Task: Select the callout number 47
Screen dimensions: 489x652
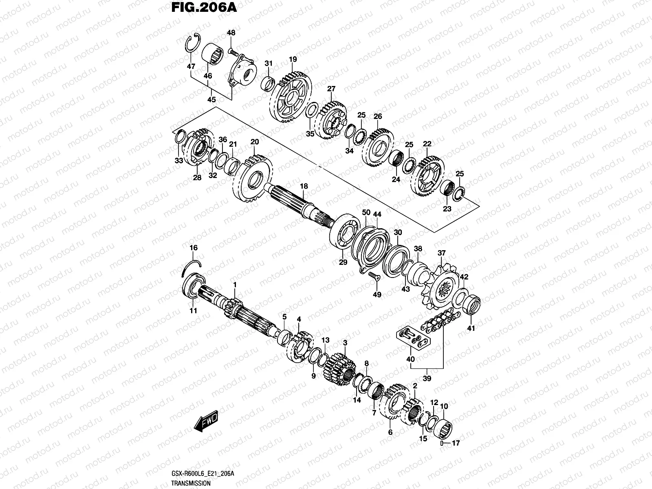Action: (x=191, y=66)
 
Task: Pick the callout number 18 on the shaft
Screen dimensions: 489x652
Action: (x=304, y=187)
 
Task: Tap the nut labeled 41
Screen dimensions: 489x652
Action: (x=472, y=304)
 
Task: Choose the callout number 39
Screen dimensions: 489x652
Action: (x=427, y=379)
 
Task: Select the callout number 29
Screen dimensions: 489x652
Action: (x=343, y=262)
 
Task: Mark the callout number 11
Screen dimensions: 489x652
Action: (x=193, y=311)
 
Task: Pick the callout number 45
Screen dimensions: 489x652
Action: (x=211, y=99)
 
